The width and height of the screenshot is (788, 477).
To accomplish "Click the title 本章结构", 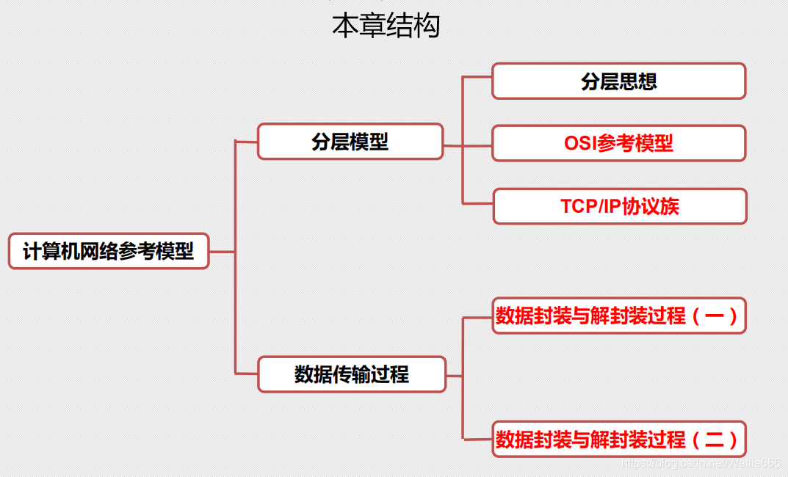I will (386, 25).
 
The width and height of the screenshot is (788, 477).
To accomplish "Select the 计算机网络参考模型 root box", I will (109, 251).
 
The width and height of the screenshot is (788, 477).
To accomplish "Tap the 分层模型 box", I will (350, 141).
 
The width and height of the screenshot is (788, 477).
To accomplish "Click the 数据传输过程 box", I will (351, 374).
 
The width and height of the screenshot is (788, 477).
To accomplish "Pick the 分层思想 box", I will (618, 81).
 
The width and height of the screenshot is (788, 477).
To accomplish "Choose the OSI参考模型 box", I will (618, 143).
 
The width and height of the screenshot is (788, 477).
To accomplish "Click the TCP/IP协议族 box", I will (619, 206).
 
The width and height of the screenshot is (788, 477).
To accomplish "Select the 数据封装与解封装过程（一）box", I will (618, 316).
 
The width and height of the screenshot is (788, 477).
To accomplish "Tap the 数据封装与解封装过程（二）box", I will (618, 439).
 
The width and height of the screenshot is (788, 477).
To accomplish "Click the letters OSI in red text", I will (580, 143).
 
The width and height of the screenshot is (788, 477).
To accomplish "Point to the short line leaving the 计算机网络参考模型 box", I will (222, 252).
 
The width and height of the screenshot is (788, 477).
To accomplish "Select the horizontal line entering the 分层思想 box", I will (477, 76).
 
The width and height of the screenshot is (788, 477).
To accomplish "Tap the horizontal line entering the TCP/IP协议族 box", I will (477, 203).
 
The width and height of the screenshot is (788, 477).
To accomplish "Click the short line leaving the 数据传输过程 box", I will (454, 376).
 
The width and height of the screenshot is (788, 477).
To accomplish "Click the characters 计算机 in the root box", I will (50, 251).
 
